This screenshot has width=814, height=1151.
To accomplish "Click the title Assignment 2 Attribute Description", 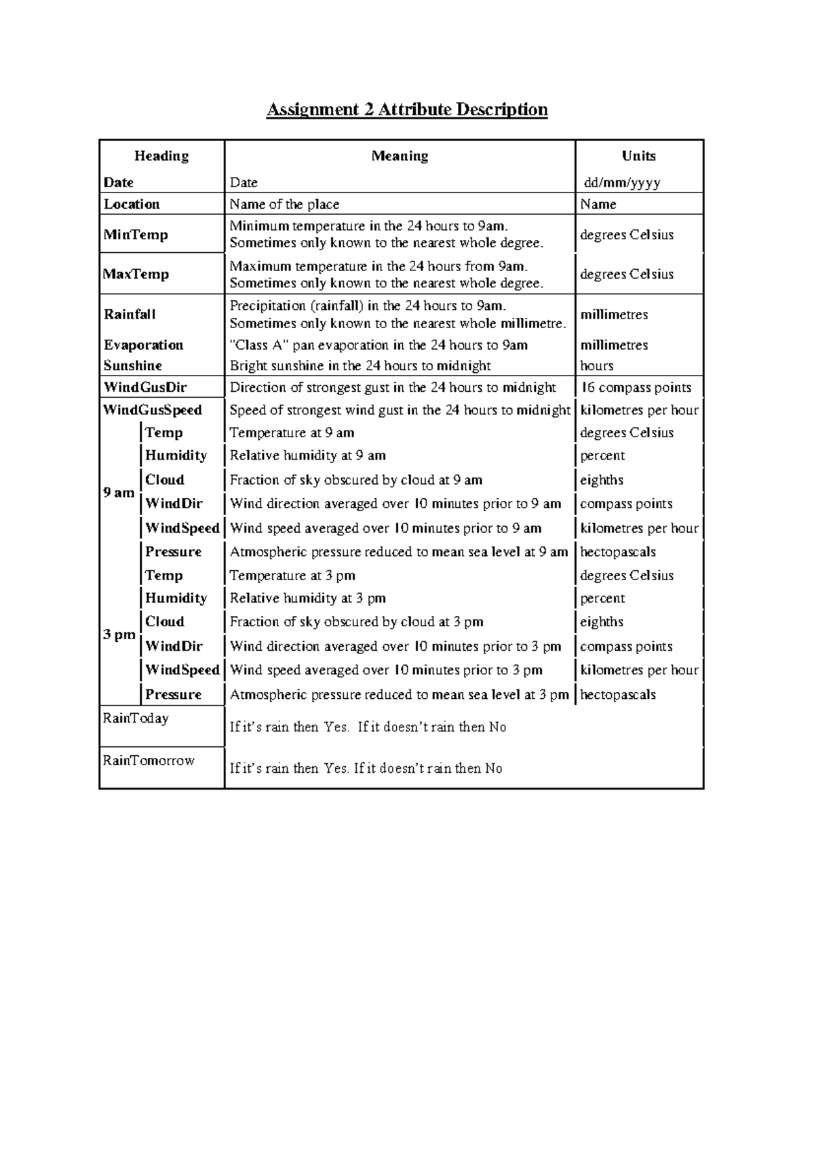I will click(406, 110).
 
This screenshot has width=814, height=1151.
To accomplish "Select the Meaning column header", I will click(400, 156).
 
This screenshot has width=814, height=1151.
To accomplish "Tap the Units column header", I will click(638, 156).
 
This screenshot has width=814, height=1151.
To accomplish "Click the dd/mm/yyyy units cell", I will click(622, 182).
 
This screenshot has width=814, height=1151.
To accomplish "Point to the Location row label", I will click(132, 204).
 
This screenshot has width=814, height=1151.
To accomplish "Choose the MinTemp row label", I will click(136, 235).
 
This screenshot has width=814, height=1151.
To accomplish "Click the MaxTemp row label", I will click(136, 274).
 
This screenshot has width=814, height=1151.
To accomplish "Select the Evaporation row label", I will click(143, 345).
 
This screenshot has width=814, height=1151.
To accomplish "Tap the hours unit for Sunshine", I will click(596, 366).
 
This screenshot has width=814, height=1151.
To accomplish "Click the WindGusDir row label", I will click(144, 388).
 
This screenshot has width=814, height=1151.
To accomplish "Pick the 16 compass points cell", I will click(636, 388).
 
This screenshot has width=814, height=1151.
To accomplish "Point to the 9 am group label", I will click(119, 493).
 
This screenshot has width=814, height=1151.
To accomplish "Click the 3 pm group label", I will click(119, 635).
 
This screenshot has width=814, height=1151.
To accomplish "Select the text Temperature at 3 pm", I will click(292, 575).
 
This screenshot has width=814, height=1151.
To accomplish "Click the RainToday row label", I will click(136, 719).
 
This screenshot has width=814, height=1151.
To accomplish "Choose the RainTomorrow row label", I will click(149, 761).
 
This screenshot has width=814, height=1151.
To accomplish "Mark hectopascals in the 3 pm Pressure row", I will click(617, 695).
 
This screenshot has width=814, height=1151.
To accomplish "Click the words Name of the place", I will click(284, 204).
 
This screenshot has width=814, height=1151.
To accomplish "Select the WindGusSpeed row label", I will click(153, 410).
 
